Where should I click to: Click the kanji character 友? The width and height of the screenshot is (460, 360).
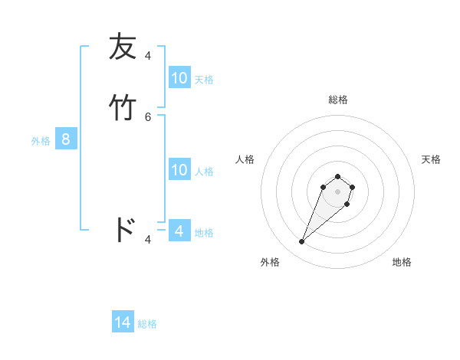pos(123,47)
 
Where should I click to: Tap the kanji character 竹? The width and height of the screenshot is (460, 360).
pos(123,107)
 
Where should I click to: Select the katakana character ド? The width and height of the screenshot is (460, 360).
pos(124,229)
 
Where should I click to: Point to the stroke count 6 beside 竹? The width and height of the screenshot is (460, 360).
pos(148,116)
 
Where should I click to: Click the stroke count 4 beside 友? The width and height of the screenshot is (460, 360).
pos(148,55)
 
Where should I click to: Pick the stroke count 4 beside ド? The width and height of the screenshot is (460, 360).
pos(148,239)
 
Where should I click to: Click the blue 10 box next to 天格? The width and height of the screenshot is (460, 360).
pos(179,78)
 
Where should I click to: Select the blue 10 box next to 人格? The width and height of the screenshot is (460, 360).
pos(179,170)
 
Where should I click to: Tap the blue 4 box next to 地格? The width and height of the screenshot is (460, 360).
pos(179,231)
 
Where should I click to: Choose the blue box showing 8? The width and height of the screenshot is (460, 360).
pos(66,139)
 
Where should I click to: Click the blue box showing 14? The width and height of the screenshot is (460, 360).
pos(123,323)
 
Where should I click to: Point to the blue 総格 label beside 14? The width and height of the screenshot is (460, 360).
pos(147,324)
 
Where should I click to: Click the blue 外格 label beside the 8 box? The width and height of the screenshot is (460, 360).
pos(41,140)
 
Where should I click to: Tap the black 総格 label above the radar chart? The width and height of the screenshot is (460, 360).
pos(337,100)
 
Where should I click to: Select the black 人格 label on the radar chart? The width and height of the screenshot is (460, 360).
pos(245,159)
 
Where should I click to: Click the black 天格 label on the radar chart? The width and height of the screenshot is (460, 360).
pos(431,159)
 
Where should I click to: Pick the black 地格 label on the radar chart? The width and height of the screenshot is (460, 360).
pos(402,263)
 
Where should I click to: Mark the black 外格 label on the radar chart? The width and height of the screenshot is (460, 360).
pos(270,263)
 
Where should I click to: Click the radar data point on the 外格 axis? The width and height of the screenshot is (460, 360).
pos(302,242)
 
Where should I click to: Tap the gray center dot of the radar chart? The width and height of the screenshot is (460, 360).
pos(337,191)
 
